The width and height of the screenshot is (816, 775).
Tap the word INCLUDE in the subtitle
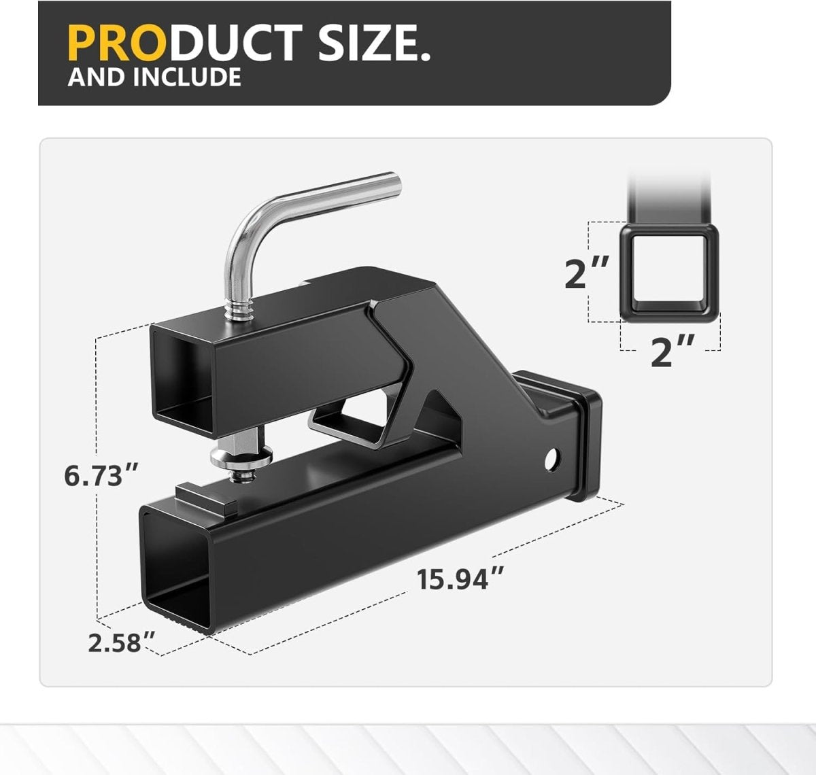pyautogui.click(x=186, y=77)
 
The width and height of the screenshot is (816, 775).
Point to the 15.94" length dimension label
pyautogui.click(x=460, y=580)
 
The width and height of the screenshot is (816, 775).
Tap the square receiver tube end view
pyautogui.click(x=668, y=273)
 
